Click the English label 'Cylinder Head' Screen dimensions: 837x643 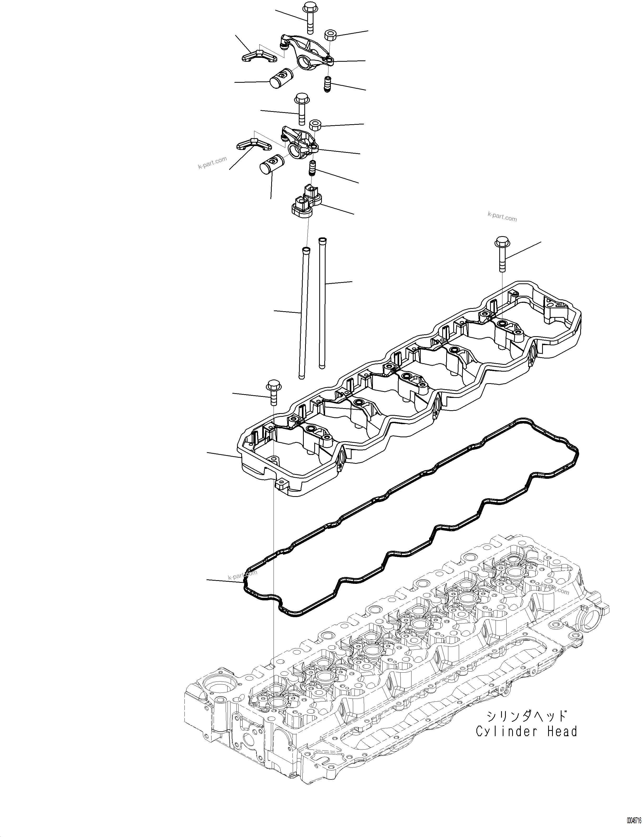pyautogui.click(x=526, y=731)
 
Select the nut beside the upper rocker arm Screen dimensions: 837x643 pyautogui.click(x=330, y=35)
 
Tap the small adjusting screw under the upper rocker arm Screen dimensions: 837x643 pyautogui.click(x=328, y=84)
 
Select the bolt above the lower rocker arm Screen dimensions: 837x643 pyautogui.click(x=300, y=109)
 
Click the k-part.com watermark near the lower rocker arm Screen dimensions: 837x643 pyautogui.click(x=212, y=163)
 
